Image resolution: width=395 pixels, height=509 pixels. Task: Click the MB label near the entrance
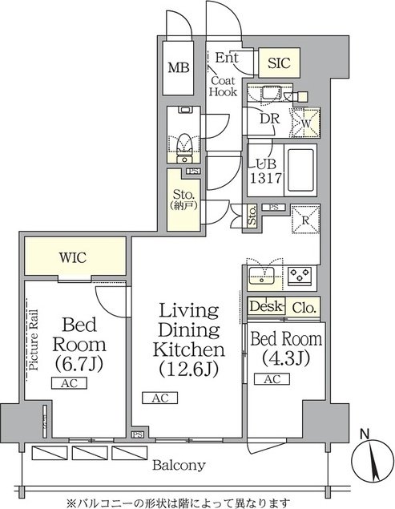pos(178,67)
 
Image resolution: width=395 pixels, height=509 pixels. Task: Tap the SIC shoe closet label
pos(279,63)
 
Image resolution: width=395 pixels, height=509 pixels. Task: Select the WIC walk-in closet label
pos(73,257)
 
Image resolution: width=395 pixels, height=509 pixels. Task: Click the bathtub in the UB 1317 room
pos(300,170)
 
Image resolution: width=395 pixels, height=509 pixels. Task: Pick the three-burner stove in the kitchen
pos(300,276)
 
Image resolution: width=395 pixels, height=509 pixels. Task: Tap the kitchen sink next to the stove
pos(262,276)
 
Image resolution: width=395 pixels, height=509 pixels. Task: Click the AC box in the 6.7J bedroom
pos(69,383)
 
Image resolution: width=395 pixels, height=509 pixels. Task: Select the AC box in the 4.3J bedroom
pos(272,379)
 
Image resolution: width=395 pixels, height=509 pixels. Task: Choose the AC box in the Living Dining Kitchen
pos(160,398)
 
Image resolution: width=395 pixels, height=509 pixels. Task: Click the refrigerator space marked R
pos(306,220)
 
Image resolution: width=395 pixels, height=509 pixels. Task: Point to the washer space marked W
pos(306,123)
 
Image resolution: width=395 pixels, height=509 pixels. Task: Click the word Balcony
pos(179,465)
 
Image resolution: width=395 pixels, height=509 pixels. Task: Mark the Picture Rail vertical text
pos(34,340)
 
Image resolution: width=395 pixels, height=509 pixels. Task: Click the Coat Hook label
pos(223,86)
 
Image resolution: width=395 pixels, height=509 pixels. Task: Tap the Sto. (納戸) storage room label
pos(183,199)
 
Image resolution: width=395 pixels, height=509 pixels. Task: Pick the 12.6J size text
pos(189,369)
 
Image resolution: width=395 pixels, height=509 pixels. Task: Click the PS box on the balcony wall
pos(137,434)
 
